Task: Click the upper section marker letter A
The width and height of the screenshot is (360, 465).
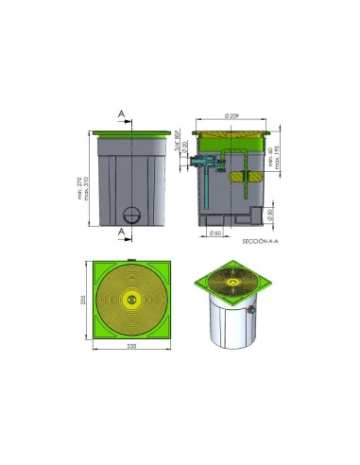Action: click(x=122, y=112)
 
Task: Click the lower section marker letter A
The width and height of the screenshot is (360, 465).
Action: click(x=122, y=230)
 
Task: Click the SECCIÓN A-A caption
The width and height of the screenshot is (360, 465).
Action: click(x=261, y=242)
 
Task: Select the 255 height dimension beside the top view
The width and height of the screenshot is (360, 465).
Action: click(x=83, y=301)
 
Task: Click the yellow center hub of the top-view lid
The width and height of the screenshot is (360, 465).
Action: click(x=131, y=301)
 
